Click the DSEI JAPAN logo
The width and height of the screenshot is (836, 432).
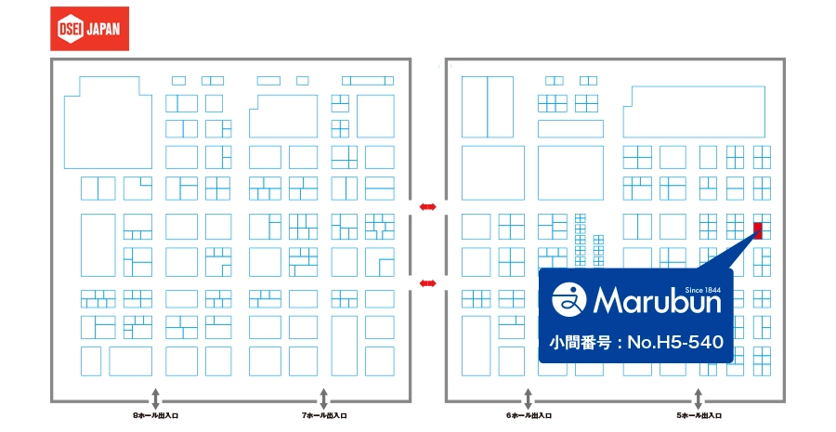(89, 29)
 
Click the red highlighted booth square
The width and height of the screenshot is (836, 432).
(758, 231)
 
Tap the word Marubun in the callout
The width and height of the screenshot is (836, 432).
(657, 300)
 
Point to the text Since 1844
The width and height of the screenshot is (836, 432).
(703, 290)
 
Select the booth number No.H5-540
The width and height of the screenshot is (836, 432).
(675, 342)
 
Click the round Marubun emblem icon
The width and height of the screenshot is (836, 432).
(568, 299)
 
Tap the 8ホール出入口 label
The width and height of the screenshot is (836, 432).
(155, 415)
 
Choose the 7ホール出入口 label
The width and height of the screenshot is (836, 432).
(324, 415)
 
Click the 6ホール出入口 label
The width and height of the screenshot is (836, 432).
(529, 415)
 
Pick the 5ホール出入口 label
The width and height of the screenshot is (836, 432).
(699, 415)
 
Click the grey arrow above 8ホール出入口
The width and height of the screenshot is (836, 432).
(155, 399)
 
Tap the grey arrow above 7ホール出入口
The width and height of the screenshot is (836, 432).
(323, 399)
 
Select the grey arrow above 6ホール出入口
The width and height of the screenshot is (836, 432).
(528, 399)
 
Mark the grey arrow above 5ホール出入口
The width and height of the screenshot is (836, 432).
(698, 399)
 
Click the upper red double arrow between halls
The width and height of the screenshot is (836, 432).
(427, 207)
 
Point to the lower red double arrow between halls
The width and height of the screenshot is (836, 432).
(427, 283)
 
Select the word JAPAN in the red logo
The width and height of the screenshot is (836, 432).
(103, 29)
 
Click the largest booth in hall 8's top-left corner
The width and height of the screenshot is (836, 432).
(109, 123)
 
